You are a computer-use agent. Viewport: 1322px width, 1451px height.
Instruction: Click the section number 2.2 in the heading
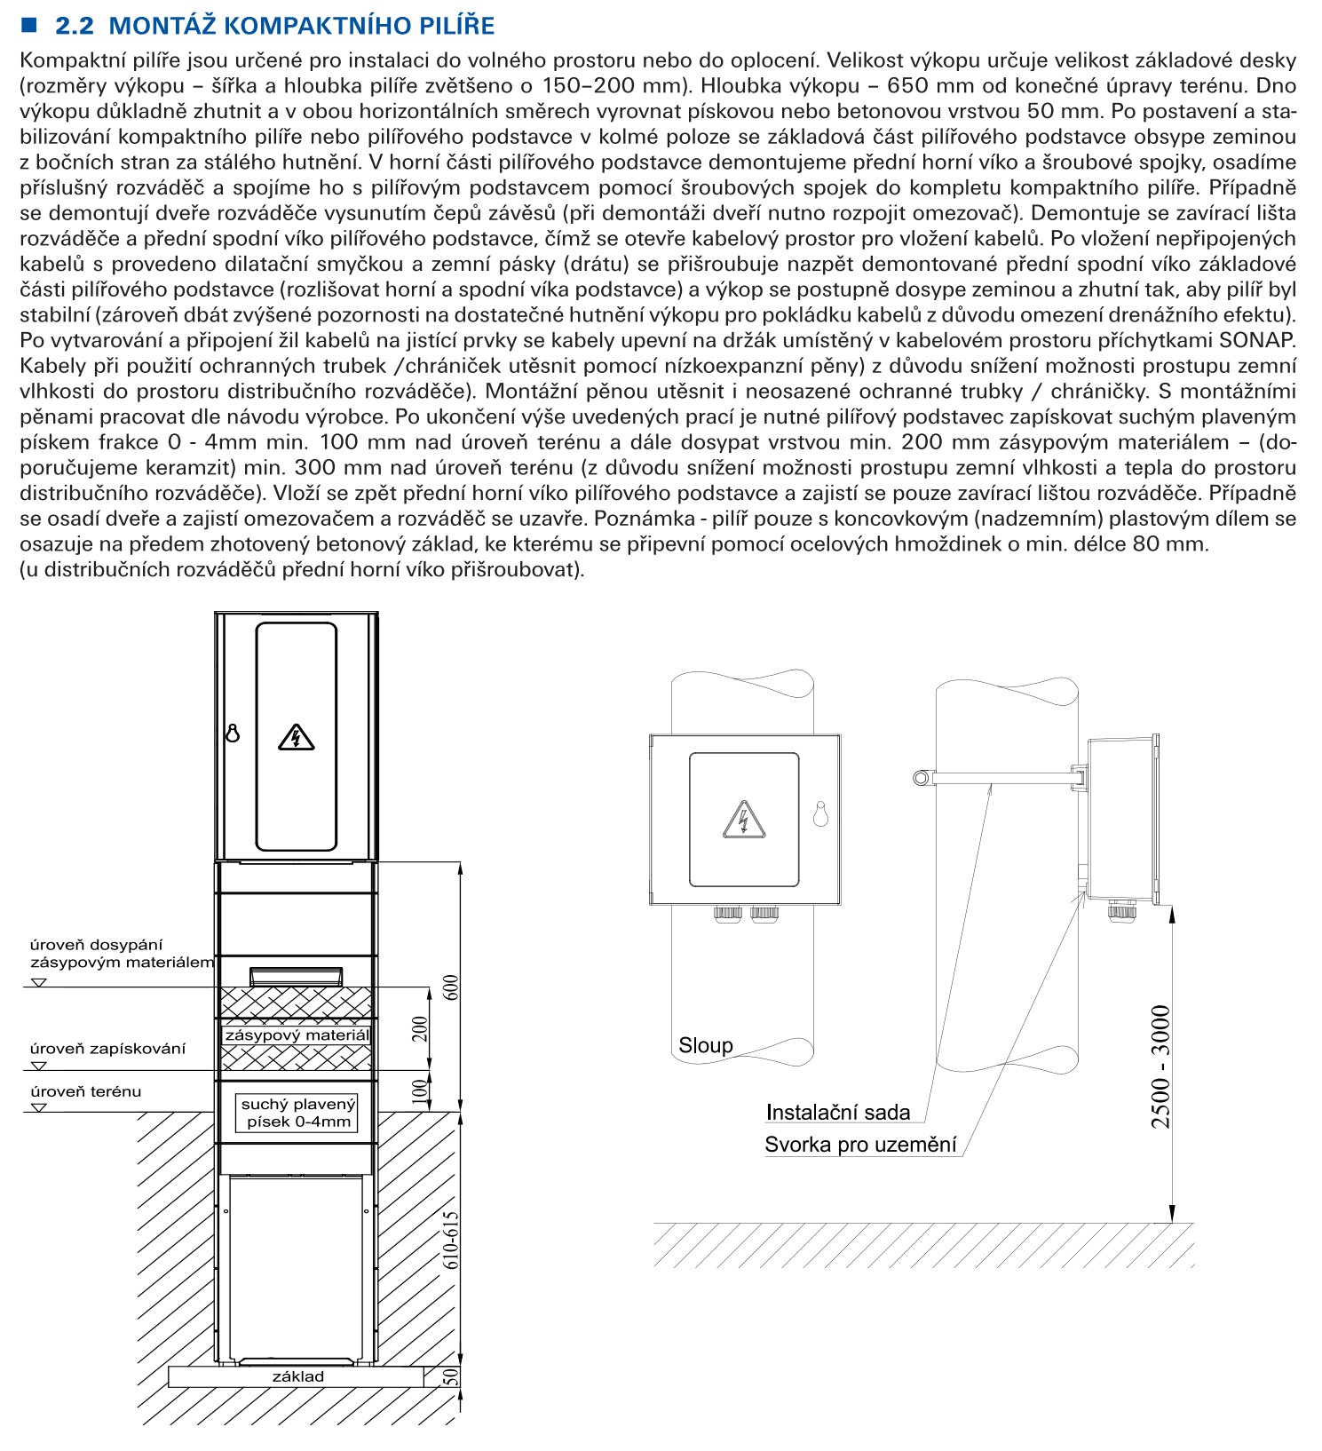coord(74,26)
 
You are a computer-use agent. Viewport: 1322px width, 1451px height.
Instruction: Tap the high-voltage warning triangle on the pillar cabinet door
coord(296,737)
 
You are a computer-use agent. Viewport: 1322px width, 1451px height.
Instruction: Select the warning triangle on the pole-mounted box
coord(743,820)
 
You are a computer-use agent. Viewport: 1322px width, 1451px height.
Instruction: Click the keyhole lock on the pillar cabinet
coord(233,733)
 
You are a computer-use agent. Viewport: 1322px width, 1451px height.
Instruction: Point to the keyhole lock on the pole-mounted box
coord(820,813)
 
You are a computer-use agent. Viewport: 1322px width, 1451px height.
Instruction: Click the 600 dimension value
coord(451,987)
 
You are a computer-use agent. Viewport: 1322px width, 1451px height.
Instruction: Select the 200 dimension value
coord(420,1029)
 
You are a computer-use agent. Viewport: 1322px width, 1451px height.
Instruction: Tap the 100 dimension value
coord(420,1091)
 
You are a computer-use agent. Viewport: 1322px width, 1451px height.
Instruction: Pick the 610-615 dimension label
coord(451,1240)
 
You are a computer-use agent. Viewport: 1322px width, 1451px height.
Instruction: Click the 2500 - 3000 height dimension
coord(1160,1066)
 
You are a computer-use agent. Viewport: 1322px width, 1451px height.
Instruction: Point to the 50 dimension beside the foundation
coord(451,1376)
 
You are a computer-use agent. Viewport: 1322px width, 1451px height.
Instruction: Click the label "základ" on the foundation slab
coord(298,1376)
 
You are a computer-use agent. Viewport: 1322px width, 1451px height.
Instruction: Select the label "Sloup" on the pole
coord(705,1045)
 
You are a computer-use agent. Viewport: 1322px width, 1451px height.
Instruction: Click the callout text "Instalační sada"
coord(837,1113)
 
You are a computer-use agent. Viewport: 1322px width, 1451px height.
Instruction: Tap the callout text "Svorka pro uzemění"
coord(860,1145)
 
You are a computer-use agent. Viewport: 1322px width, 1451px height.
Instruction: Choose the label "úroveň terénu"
coord(85,1091)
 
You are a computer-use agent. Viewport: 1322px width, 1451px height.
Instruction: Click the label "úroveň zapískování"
coord(107,1049)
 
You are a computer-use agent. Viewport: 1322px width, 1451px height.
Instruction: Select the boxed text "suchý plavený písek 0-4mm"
coord(298,1113)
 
